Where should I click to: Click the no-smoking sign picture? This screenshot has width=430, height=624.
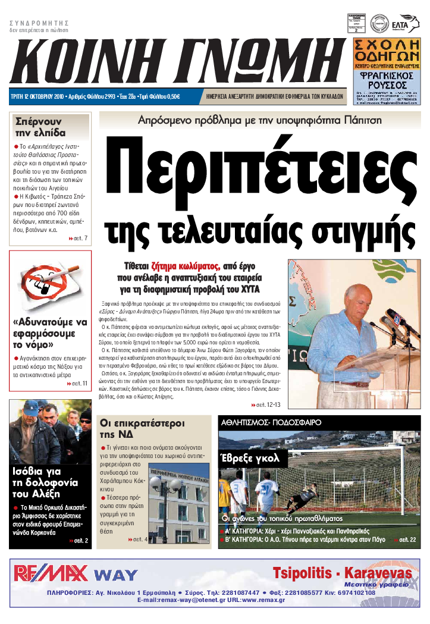(49, 283)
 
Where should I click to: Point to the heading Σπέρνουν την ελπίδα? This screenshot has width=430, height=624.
(40, 126)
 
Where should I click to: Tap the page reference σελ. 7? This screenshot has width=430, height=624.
(78, 239)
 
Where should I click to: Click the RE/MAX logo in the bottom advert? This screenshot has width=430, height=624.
(51, 573)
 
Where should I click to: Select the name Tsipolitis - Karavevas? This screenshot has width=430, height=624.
(342, 573)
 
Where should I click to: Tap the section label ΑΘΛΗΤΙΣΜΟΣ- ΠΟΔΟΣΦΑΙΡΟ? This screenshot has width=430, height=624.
(271, 422)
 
